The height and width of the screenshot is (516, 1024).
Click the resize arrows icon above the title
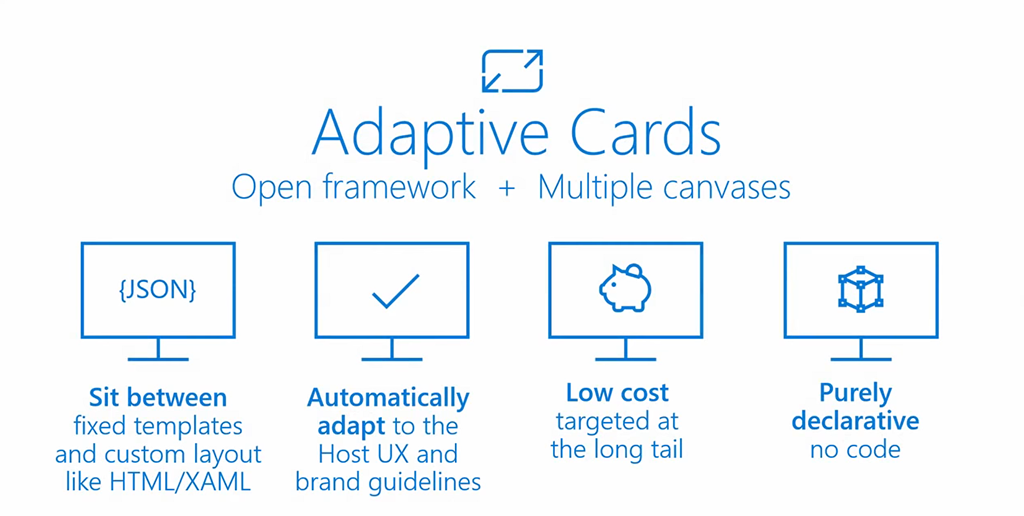pos(512,71)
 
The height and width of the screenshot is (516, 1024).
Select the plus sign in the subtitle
pos(508,187)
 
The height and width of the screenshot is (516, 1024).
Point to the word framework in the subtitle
pos(404,187)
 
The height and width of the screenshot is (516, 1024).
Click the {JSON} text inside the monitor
pos(157,291)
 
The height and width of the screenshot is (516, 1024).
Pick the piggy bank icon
pos(625,288)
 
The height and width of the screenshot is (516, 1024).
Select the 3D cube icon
pos(860,290)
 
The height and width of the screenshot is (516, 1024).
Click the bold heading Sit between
pos(158,398)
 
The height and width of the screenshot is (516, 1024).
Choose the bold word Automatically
pos(388,398)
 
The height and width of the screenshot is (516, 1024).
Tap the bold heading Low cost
pos(617,393)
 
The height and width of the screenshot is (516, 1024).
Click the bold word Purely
pos(855,393)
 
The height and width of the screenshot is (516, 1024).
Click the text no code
pos(855,449)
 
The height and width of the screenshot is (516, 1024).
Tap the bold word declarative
pos(855,421)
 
